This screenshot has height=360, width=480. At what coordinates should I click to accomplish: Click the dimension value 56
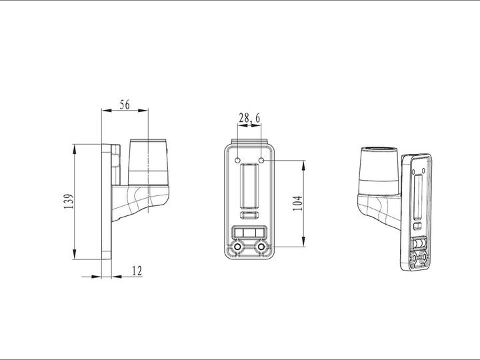tap(125, 104)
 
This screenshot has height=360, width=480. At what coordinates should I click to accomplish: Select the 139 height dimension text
tap(68, 202)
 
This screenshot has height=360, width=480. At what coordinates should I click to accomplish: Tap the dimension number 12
tap(137, 271)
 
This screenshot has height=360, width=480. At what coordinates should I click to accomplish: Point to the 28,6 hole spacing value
tap(249, 118)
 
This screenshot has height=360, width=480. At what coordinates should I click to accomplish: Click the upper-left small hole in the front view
tap(239, 160)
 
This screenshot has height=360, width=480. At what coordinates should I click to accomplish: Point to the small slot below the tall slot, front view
tap(250, 215)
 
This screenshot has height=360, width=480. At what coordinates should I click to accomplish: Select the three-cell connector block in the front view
tap(249, 232)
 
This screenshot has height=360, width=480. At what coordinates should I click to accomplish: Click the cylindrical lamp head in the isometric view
tap(380, 170)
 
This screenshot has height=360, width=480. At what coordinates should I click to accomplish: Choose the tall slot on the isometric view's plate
tap(419, 193)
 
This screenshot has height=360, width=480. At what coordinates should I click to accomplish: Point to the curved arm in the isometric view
tap(377, 210)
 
